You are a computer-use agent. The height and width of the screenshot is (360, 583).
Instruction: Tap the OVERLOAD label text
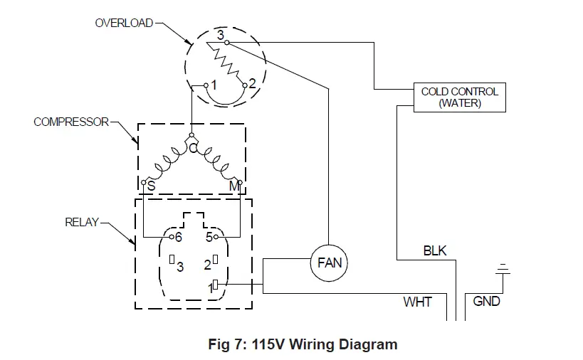pyautogui.click(x=124, y=23)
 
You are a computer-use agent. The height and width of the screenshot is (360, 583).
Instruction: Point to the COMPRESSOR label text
pyautogui.click(x=71, y=122)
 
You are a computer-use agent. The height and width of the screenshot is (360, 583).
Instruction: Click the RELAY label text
pyautogui.click(x=82, y=222)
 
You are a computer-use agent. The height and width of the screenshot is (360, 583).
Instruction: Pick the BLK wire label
pyautogui.click(x=435, y=250)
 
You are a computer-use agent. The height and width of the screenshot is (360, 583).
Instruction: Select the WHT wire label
pyautogui.click(x=418, y=302)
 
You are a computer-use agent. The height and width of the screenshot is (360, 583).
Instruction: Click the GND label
pyautogui.click(x=486, y=301)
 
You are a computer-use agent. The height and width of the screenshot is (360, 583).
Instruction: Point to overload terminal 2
pyautogui.click(x=245, y=85)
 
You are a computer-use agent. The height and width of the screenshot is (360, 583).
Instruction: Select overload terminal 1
pyautogui.click(x=206, y=85)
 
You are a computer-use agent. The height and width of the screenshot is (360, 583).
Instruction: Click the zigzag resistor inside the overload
pyautogui.click(x=226, y=63)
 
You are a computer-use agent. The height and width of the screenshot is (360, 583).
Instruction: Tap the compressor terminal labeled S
pyautogui.click(x=144, y=182)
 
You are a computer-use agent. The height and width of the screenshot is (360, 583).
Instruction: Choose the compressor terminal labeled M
pyautogui.click(x=240, y=182)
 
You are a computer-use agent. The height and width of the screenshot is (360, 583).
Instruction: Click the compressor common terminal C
pyautogui.click(x=192, y=135)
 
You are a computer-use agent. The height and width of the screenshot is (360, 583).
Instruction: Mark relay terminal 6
pyautogui.click(x=172, y=237)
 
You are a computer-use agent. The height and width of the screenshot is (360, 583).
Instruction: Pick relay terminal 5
pyautogui.click(x=216, y=237)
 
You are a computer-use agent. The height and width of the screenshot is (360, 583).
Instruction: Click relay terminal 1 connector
pyautogui.click(x=215, y=285)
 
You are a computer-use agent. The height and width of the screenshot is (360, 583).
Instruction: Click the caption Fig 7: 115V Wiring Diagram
pyautogui.click(x=303, y=344)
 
